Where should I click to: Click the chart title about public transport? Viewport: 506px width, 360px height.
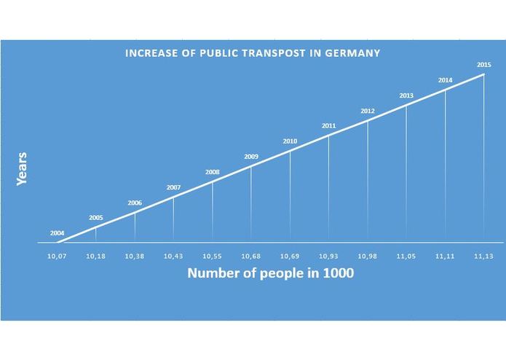pyautogui.click(x=252, y=53)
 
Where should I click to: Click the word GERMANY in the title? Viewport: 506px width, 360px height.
pyautogui.click(x=352, y=53)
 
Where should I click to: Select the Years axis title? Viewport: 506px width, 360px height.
pyautogui.click(x=22, y=168)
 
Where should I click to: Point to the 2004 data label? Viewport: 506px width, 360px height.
pyautogui.click(x=58, y=233)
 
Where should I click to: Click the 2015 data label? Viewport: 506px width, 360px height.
pyautogui.click(x=484, y=65)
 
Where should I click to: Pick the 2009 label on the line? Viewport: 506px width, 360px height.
pyautogui.click(x=251, y=157)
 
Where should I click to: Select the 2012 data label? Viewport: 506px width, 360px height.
pyautogui.click(x=368, y=111)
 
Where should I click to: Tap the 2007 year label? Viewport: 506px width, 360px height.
pyautogui.click(x=173, y=187)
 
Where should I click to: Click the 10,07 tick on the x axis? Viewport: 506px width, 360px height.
pyautogui.click(x=57, y=257)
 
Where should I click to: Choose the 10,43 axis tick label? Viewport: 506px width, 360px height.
pyautogui.click(x=173, y=257)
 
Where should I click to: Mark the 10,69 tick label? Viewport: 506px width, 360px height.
pyautogui.click(x=290, y=257)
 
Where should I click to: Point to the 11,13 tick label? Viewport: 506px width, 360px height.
pyautogui.click(x=484, y=257)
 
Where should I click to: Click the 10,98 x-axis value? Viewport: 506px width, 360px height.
pyautogui.click(x=368, y=257)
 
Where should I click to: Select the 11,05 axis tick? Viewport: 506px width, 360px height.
pyautogui.click(x=406, y=257)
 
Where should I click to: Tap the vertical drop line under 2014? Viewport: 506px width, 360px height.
pyautogui.click(x=446, y=168)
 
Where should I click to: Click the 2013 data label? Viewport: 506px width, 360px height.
pyautogui.click(x=406, y=95)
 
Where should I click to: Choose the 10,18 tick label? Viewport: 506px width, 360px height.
pyautogui.click(x=96, y=257)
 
